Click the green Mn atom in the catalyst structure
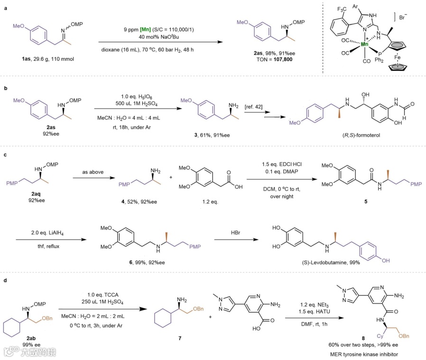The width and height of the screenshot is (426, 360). point(365,44)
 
